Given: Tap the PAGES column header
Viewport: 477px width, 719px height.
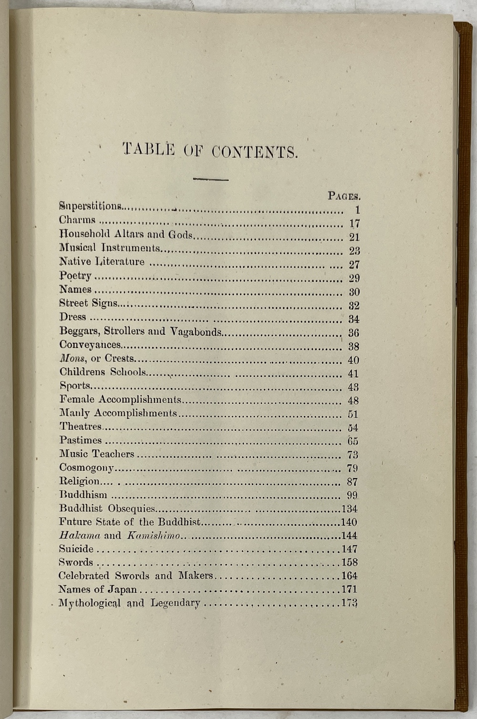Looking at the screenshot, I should (x=343, y=195).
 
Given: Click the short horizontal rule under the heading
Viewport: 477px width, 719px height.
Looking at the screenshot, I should (x=210, y=179).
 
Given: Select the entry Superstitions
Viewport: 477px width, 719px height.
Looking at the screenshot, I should (x=90, y=206).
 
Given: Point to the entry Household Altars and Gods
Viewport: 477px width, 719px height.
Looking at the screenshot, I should (x=126, y=234).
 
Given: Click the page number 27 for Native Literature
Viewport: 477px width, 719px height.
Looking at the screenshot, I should (x=354, y=265).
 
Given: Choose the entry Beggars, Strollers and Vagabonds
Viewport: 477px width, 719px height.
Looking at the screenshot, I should (x=140, y=331).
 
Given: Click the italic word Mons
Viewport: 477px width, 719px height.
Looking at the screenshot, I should (x=72, y=359).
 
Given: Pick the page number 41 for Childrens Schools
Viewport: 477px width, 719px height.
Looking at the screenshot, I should (x=353, y=374).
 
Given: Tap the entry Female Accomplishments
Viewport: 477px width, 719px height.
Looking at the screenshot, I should (x=120, y=400).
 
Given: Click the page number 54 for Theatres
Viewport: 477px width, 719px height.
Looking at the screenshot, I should (x=353, y=428).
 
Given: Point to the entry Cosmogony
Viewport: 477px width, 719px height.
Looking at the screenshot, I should (x=86, y=468).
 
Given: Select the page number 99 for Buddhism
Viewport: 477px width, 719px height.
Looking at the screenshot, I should (x=353, y=495).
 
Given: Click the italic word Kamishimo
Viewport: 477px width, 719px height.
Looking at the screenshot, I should (x=154, y=535).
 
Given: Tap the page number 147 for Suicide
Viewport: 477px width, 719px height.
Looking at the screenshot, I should (x=349, y=549).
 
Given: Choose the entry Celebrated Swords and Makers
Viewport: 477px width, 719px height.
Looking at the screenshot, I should (x=136, y=575).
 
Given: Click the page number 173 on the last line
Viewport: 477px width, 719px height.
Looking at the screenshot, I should (x=349, y=603).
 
